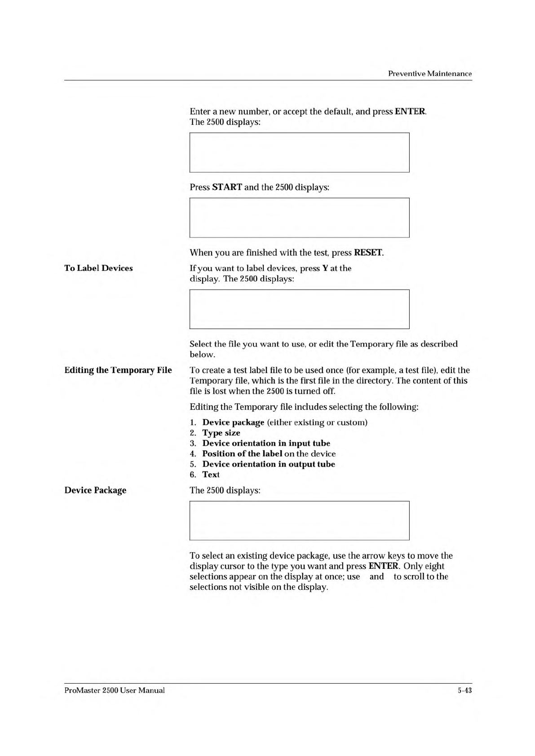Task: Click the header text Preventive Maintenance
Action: [x=429, y=74]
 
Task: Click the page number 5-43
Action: [x=464, y=690]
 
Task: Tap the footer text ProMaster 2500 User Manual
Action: [x=115, y=690]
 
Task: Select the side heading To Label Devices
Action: [x=98, y=268]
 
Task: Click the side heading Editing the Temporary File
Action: [x=118, y=370]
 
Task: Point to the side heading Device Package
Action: [x=95, y=490]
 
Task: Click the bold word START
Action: [x=227, y=187]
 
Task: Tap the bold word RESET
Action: [x=368, y=252]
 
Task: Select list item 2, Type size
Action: [x=221, y=433]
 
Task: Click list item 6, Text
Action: [x=211, y=475]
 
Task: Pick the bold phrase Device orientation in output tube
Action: [x=269, y=464]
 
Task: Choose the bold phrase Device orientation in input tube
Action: [x=266, y=443]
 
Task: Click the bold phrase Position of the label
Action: [x=242, y=454]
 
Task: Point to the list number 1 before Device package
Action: [x=192, y=422]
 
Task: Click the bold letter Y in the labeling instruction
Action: [x=325, y=268]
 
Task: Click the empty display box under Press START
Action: [x=299, y=218]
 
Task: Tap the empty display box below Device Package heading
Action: [x=299, y=520]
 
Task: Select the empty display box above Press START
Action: [x=299, y=152]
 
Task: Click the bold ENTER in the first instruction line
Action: [x=410, y=111]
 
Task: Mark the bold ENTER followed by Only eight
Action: [x=383, y=566]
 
